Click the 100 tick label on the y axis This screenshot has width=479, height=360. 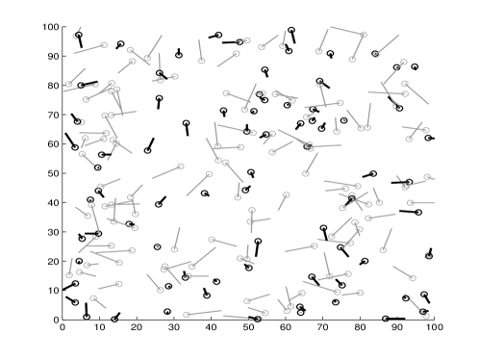(51, 27)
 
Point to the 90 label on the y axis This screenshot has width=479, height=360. (54, 56)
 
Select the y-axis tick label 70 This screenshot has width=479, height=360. (54, 115)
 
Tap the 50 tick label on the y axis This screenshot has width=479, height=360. (54, 173)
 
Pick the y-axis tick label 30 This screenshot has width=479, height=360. (54, 232)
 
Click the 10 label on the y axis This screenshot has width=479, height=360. (54, 291)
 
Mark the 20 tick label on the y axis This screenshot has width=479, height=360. (54, 262)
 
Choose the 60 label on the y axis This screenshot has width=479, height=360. (54, 144)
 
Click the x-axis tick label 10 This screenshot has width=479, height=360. (100, 327)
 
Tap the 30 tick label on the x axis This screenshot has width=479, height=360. (174, 327)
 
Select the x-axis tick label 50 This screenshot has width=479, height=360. (248, 327)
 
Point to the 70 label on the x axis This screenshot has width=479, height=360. (323, 327)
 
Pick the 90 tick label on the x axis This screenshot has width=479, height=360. (397, 327)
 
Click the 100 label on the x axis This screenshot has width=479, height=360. (435, 327)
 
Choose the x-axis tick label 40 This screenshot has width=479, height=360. (212, 327)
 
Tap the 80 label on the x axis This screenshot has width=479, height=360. (360, 327)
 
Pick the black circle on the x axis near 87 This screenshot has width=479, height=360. (386, 319)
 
